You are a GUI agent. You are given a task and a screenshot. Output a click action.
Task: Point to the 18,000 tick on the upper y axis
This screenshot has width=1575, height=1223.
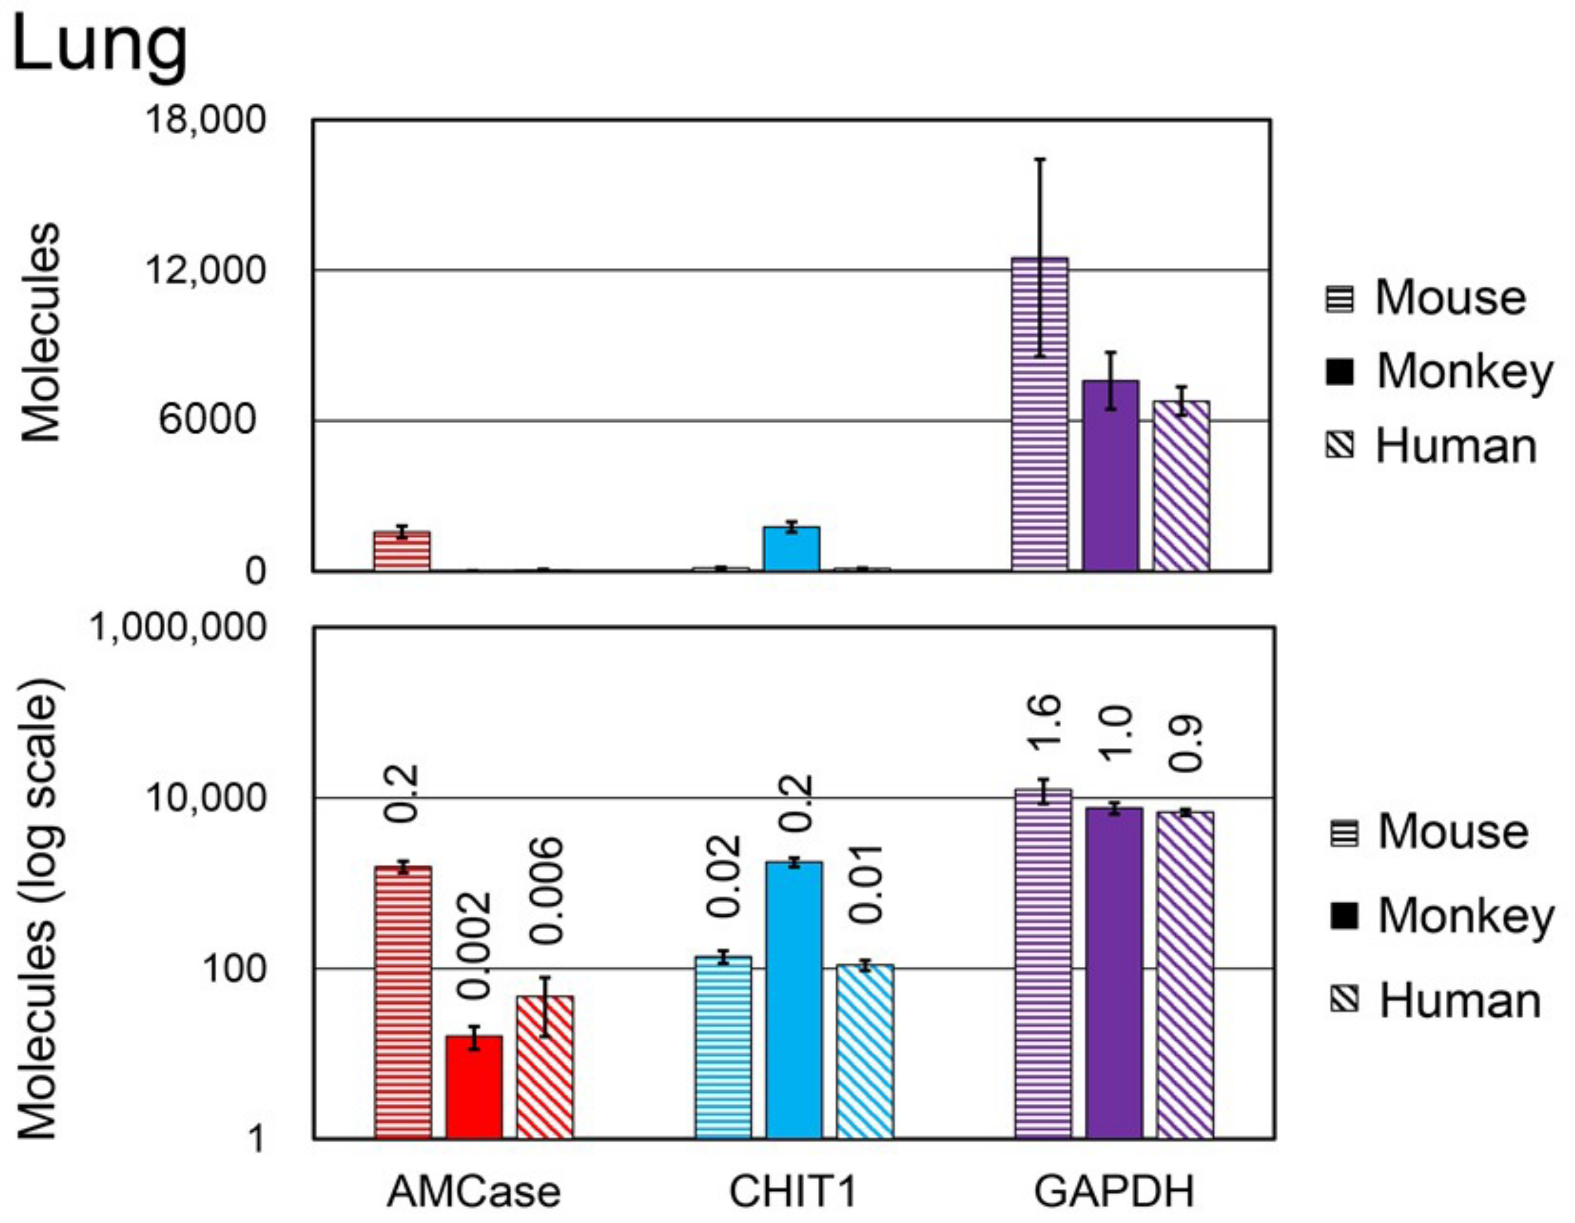(206, 120)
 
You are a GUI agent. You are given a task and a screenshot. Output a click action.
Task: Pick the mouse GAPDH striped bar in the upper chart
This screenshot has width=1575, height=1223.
(1039, 415)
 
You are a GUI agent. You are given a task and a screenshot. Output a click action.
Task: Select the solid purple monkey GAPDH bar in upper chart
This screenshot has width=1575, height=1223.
(1110, 476)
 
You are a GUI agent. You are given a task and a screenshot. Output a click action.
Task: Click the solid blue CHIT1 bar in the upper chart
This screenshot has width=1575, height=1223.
(792, 549)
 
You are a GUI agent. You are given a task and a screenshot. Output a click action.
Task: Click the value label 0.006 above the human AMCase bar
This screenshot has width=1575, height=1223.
(546, 891)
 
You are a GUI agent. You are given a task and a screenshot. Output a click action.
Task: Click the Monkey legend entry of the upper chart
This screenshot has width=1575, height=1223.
(1439, 372)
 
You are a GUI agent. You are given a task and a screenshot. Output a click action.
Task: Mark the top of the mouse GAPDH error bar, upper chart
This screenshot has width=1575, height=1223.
(1039, 158)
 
